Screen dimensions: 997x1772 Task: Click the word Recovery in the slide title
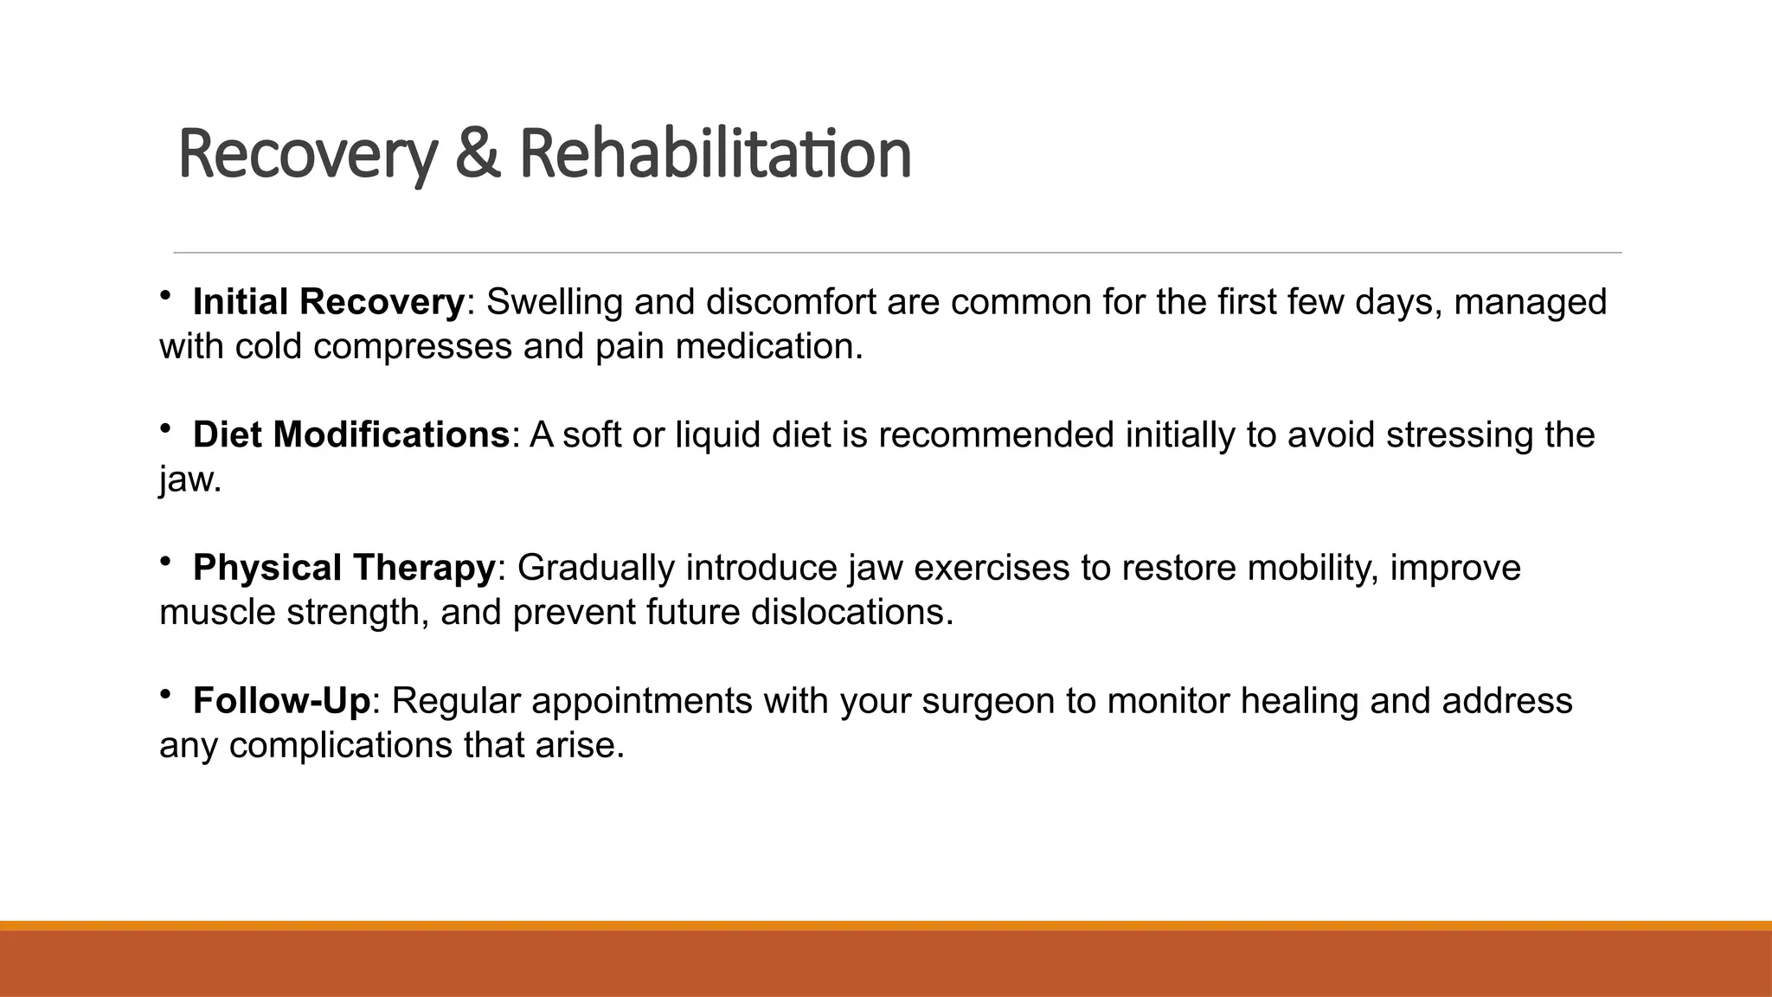tap(306, 154)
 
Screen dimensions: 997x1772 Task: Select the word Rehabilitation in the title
tap(715, 154)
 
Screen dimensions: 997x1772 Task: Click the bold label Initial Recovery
tap(329, 302)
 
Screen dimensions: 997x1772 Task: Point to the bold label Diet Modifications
tap(351, 434)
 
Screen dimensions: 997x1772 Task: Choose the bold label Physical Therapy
tap(343, 568)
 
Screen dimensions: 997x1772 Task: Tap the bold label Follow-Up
tap(281, 700)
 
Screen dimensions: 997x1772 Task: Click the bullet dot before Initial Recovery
tap(165, 296)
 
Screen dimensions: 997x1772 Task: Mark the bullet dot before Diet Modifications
tap(165, 428)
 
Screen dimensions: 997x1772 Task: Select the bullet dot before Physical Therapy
tap(165, 562)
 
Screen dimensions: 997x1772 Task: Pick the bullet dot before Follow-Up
tap(165, 694)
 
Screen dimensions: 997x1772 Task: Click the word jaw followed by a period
tap(189, 479)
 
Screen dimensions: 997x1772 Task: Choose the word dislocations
tap(851, 613)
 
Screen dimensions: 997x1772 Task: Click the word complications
tap(341, 745)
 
